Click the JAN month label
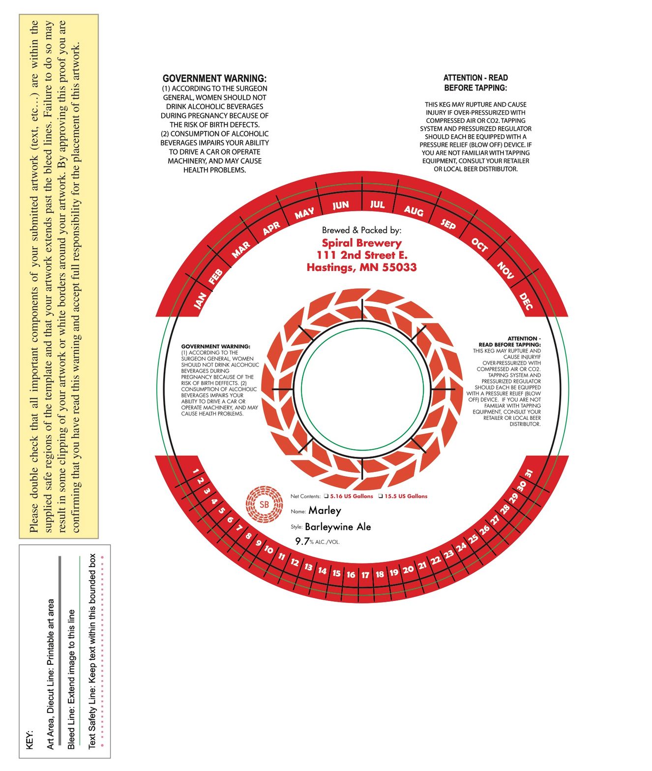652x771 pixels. click(x=200, y=300)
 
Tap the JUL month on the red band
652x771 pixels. click(x=377, y=204)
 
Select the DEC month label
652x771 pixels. click(x=525, y=301)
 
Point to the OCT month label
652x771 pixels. click(x=479, y=245)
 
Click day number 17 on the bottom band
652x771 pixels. click(x=365, y=575)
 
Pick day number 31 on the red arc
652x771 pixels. click(x=529, y=474)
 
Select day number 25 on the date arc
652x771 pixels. click(x=473, y=538)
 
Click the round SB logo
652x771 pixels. click(x=264, y=504)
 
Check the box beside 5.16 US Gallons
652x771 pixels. click(x=326, y=496)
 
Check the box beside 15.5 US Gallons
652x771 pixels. click(x=381, y=496)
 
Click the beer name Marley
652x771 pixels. click(x=325, y=511)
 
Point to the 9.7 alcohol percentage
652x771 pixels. click(x=302, y=541)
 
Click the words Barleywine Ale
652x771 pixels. click(x=338, y=527)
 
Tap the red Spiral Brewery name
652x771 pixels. click(x=362, y=243)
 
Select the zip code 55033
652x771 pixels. click(x=399, y=267)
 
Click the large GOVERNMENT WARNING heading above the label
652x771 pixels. click(x=214, y=78)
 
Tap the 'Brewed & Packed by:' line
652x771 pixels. click(x=361, y=230)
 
